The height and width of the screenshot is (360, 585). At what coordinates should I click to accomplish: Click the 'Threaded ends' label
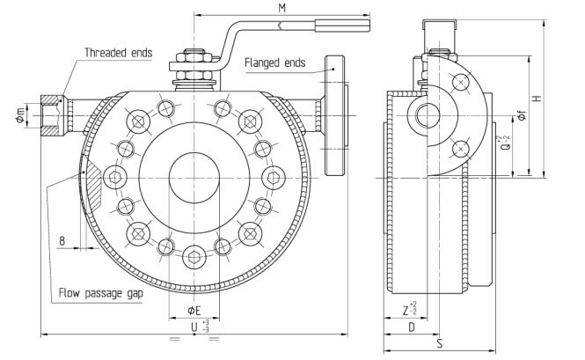pos(118,53)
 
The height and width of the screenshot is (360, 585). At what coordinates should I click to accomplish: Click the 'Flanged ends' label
pos(275,62)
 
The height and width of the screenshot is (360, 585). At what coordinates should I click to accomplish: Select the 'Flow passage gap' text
pos(101,293)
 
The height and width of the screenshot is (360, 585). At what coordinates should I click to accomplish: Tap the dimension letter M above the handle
pos(282,8)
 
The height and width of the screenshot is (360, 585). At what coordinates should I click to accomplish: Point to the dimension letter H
pos(537,99)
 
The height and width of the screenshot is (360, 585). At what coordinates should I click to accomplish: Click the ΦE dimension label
pos(194,311)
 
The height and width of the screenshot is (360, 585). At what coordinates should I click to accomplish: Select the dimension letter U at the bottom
pos(194,327)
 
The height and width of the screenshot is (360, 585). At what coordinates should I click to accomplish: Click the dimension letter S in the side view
pos(440,343)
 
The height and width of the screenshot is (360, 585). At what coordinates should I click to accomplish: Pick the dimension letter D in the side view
pos(411,327)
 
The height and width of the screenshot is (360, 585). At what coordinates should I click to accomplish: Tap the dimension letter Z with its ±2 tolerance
pos(410,310)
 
